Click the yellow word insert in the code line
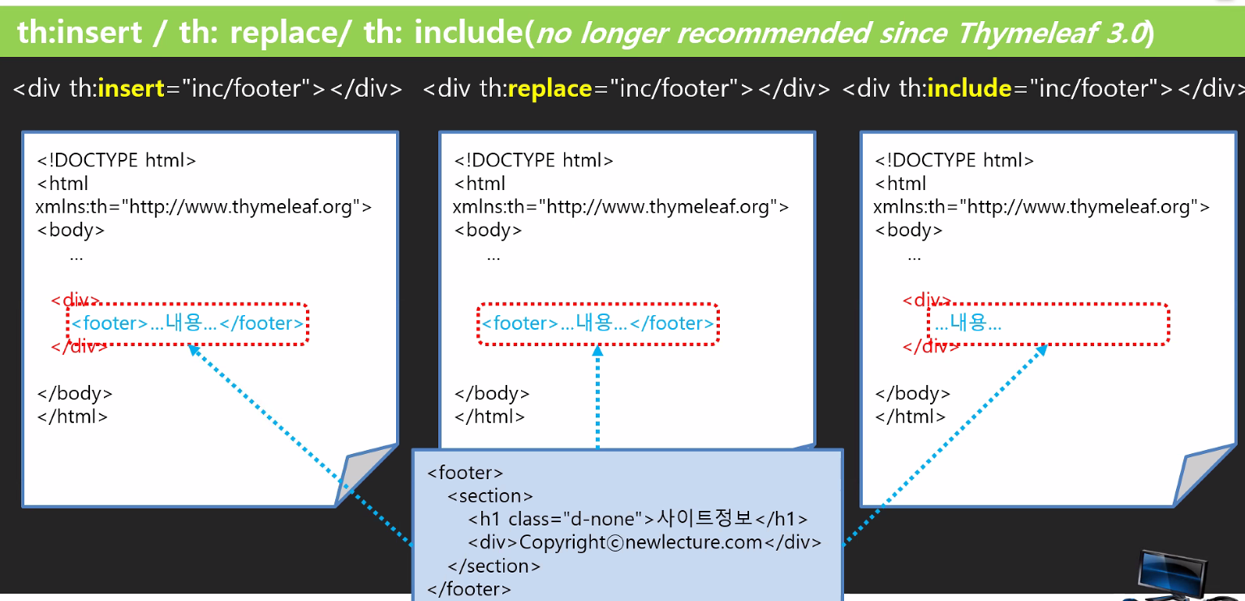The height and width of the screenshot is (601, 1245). (131, 89)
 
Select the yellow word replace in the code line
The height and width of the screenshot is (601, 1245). (549, 89)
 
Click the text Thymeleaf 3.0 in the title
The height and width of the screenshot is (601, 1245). (1052, 33)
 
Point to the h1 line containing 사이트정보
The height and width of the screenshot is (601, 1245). (638, 519)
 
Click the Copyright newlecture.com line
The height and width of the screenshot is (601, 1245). (644, 543)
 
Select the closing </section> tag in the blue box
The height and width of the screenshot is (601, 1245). (493, 566)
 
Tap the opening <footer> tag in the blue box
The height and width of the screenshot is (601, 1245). (465, 473)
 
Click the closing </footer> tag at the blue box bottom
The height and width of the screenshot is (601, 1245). (469, 589)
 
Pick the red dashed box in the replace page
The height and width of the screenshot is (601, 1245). (598, 324)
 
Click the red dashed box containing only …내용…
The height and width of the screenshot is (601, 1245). (1048, 324)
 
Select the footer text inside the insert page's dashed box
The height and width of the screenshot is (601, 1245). (187, 324)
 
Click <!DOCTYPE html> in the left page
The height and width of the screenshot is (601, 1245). (116, 160)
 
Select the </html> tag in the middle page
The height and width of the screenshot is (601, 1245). (489, 417)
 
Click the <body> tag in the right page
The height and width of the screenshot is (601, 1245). (908, 230)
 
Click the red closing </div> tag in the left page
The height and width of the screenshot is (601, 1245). (79, 347)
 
